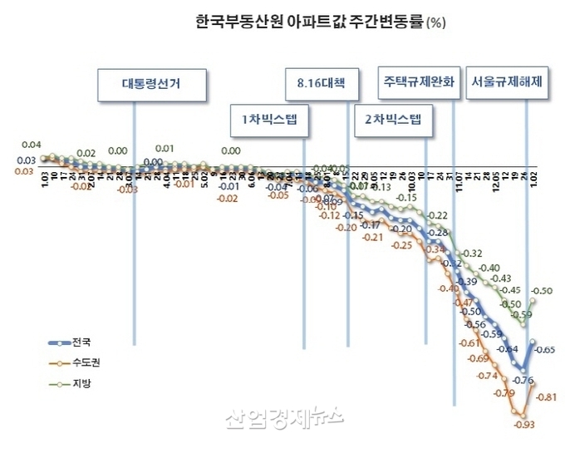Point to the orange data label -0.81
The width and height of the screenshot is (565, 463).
545,397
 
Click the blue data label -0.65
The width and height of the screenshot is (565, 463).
545,350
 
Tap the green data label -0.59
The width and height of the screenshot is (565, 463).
522,315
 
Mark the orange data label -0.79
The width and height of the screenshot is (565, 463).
503,392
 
